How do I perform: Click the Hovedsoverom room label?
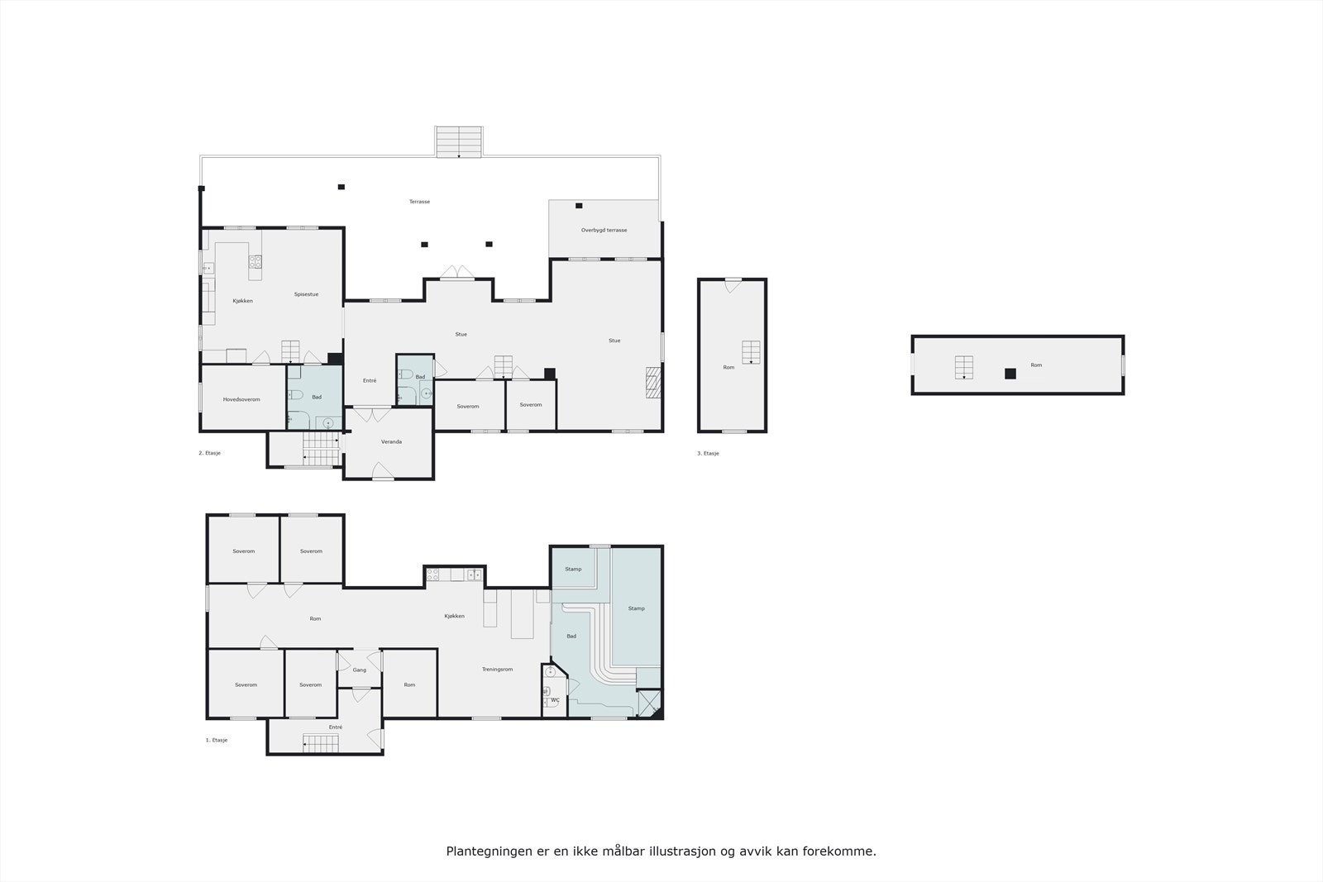(241, 399)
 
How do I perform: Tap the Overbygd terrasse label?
(604, 230)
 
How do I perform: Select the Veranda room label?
(391, 441)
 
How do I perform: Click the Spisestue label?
(306, 294)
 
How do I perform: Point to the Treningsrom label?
(497, 669)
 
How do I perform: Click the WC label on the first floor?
(555, 700)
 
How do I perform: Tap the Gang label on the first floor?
(359, 670)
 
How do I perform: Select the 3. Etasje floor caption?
(708, 453)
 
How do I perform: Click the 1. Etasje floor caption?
(217, 740)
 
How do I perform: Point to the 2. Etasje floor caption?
(209, 453)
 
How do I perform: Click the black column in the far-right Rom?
(1010, 374)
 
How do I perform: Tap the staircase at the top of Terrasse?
(459, 141)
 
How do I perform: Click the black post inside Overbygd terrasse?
(579, 205)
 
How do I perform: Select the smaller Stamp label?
(573, 569)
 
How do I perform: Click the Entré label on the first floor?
(335, 727)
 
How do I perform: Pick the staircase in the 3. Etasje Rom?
(750, 352)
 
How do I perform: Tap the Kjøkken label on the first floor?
(454, 616)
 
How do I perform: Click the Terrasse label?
(419, 202)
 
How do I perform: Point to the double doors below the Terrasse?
(456, 272)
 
